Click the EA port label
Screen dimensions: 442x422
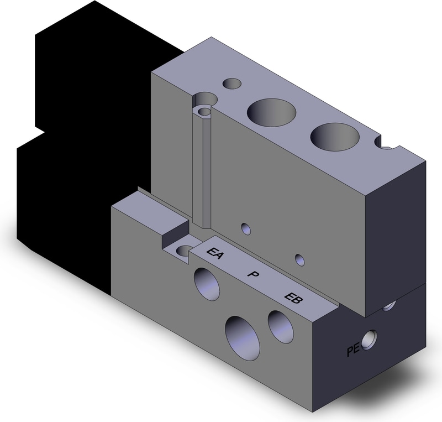point(215,253)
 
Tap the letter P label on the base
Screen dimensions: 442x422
point(253,274)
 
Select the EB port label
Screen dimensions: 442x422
point(293,299)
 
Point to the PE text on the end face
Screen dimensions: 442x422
point(353,350)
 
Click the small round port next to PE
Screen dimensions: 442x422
point(369,340)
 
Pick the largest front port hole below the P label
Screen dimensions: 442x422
point(243,338)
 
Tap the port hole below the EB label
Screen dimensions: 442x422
point(281,327)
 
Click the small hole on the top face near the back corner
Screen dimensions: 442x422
point(231,84)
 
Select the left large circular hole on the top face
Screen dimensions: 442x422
point(271,113)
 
